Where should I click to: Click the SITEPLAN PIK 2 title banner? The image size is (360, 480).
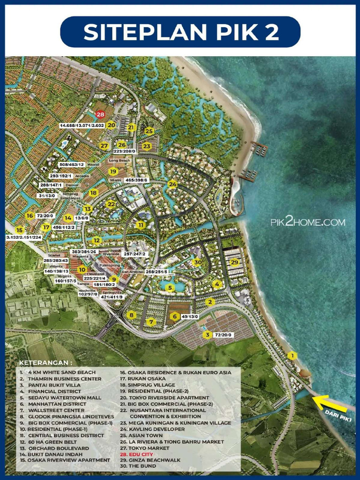click(x=180, y=32)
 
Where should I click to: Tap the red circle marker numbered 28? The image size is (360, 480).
click(x=100, y=114)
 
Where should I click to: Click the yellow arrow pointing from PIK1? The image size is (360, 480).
click(x=329, y=403)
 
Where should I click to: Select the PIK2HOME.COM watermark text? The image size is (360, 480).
click(x=307, y=222)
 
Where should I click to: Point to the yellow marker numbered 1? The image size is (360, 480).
click(x=292, y=356)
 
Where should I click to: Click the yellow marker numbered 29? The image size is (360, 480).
click(x=235, y=262)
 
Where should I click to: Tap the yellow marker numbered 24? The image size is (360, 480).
click(x=172, y=184)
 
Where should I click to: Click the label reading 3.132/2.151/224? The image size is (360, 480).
click(x=23, y=238)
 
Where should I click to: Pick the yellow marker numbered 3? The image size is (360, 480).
click(x=207, y=335)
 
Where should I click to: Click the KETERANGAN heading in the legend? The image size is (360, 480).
click(x=46, y=363)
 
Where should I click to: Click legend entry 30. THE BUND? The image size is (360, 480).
click(x=137, y=466)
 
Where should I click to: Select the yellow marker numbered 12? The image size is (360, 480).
click(x=96, y=240)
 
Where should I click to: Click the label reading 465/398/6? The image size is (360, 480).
click(x=136, y=180)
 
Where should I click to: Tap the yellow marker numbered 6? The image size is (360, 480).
click(x=174, y=316)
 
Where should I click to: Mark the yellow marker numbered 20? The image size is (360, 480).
click(x=111, y=125)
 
